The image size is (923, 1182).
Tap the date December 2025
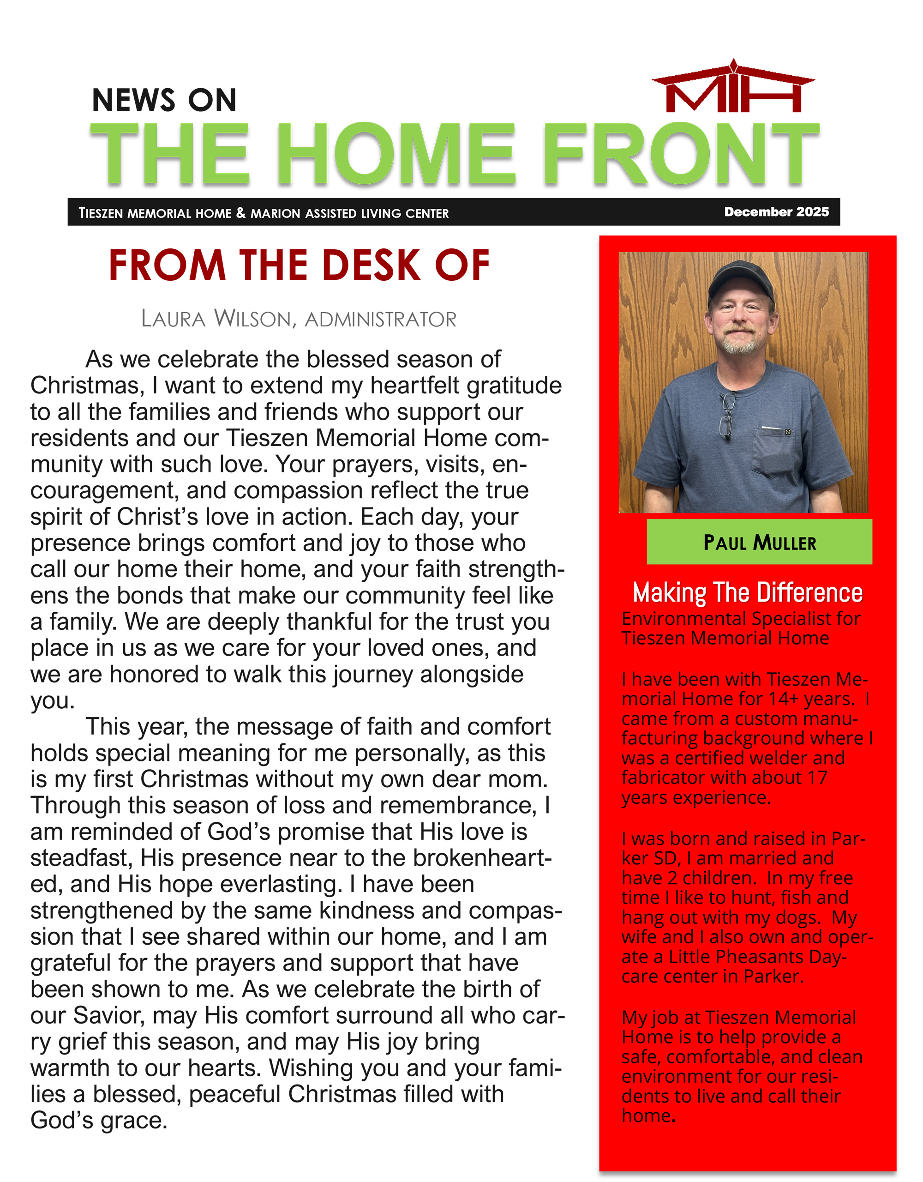[776, 211]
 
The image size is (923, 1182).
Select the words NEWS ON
[164, 100]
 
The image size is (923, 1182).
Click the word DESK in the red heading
[371, 266]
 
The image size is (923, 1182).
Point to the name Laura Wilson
[219, 319]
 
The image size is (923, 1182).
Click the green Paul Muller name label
[759, 542]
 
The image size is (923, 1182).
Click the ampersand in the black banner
[241, 213]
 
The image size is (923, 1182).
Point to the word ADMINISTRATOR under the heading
[380, 320]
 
